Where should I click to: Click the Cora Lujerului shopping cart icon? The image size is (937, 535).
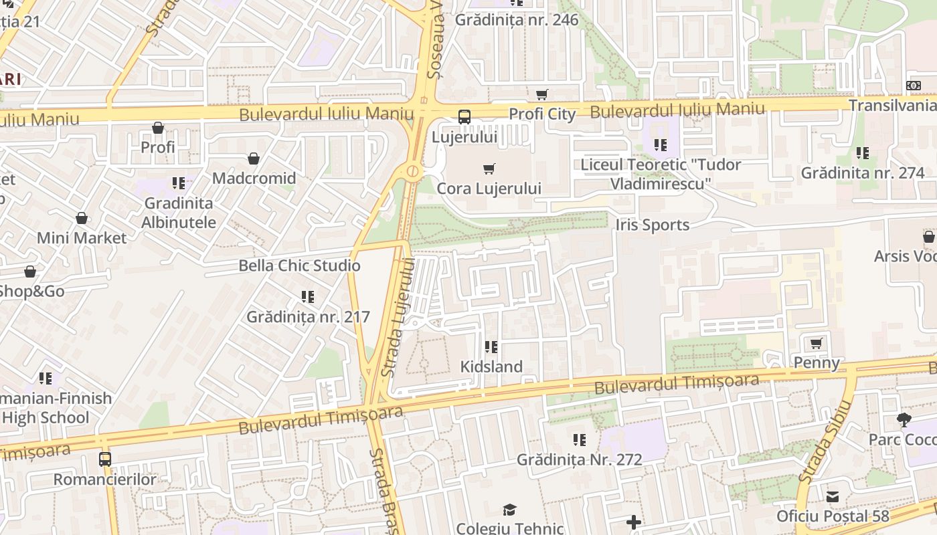tap(489, 169)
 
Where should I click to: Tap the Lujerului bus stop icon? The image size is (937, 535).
tap(464, 117)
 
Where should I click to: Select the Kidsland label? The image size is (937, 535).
tap(491, 366)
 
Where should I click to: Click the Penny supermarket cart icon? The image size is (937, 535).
tap(816, 344)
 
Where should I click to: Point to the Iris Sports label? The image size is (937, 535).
tap(652, 225)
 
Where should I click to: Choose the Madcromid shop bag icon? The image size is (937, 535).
tap(254, 158)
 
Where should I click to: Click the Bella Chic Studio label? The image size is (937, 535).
tap(299, 265)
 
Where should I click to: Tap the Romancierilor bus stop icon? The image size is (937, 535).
tap(105, 459)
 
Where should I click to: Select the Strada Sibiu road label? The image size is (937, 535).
tap(825, 441)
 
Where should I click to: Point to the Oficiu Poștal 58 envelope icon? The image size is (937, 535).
tap(833, 497)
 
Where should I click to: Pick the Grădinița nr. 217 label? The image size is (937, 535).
tap(308, 316)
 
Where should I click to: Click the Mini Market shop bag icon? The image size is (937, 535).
tap(82, 218)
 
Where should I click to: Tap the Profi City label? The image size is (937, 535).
tap(542, 114)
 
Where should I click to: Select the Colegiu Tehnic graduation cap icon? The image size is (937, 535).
tap(510, 510)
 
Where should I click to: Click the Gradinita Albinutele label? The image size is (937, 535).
tap(179, 212)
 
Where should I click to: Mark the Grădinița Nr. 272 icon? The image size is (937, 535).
tap(580, 440)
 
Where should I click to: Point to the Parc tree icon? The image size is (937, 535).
tap(904, 420)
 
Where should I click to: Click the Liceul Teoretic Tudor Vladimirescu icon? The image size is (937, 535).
tap(661, 144)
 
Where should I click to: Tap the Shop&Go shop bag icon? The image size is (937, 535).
tap(30, 272)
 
